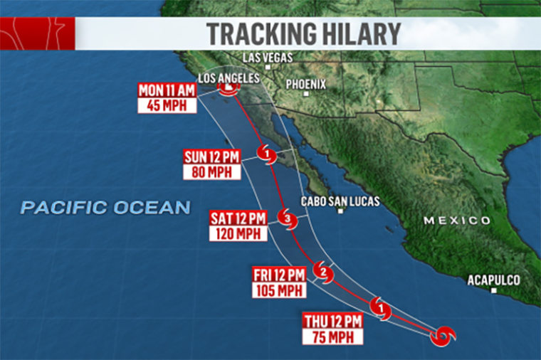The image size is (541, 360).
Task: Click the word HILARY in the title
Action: pos(356,33)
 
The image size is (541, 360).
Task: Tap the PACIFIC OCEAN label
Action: pos(105,208)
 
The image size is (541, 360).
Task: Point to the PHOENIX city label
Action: pos(305,84)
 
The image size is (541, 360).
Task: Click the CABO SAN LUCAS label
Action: pos(340,201)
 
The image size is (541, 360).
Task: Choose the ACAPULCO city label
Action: pos(493,280)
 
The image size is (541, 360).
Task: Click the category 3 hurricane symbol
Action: pos(287,218)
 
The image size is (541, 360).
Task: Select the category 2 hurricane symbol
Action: pos(324,271)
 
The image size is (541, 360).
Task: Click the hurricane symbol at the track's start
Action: pos(446,334)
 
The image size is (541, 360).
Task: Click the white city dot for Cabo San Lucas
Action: pos(341,211)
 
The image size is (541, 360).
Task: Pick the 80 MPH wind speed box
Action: pos(211,172)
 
